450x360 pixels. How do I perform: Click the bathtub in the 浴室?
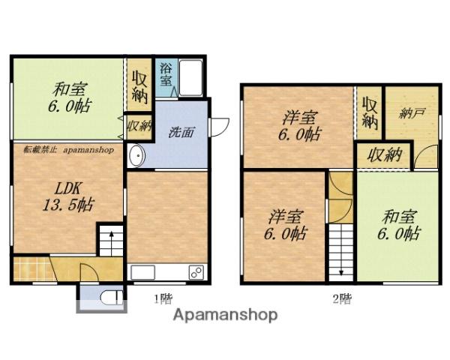tap(190, 78)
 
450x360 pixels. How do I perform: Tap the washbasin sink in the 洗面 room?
tap(136, 155)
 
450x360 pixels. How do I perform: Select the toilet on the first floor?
tap(112, 298)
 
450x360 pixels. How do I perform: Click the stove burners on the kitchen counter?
tap(196, 271)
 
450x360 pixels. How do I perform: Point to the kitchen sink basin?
tap(143, 272)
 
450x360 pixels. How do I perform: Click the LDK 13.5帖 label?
tap(68, 197)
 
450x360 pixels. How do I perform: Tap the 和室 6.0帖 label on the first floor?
tap(69, 98)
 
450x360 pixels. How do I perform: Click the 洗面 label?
tap(181, 132)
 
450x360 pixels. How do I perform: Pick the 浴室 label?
tap(166, 74)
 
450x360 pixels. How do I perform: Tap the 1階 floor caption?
tap(163, 299)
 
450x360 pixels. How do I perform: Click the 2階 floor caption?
tap(342, 299)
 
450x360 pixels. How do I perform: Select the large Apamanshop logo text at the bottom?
tap(225, 315)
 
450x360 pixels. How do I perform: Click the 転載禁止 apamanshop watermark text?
tap(69, 149)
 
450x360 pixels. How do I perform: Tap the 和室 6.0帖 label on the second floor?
tap(399, 225)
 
